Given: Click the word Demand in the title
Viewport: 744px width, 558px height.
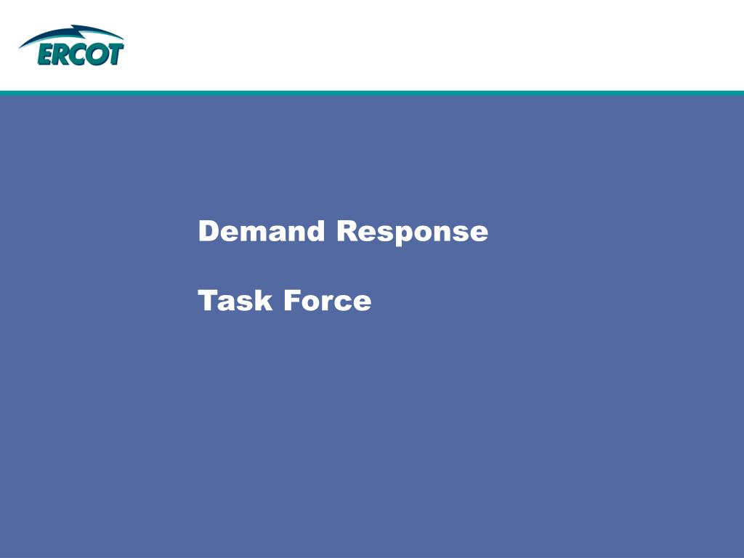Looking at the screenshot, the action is [x=262, y=231].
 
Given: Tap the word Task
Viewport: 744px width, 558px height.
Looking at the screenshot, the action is [x=235, y=300].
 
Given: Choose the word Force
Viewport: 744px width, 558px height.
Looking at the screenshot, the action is [x=328, y=301].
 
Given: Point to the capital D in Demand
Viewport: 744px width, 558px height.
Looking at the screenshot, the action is [x=209, y=231].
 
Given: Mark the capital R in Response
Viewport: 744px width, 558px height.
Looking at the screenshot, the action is [x=347, y=231].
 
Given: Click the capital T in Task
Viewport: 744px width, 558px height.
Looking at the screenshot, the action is [x=209, y=301].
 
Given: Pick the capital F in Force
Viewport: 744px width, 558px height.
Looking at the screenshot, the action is [x=292, y=301].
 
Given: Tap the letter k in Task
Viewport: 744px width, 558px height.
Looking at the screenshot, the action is [x=263, y=300].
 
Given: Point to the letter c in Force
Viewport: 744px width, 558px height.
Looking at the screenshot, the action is [x=346, y=304].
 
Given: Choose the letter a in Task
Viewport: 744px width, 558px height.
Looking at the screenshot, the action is [x=227, y=304].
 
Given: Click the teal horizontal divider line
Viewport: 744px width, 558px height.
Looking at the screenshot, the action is [x=372, y=93].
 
